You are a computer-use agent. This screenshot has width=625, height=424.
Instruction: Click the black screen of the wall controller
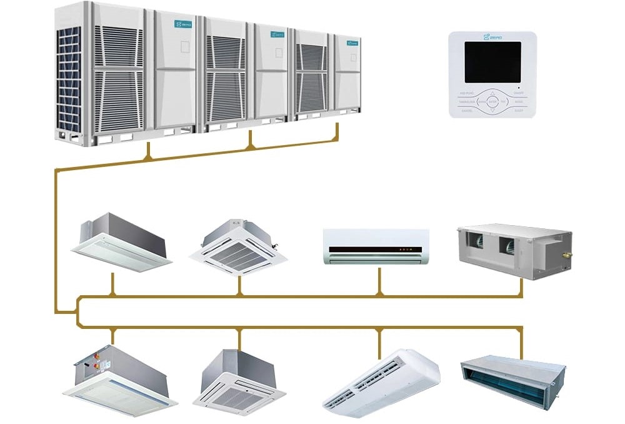click(x=492, y=63)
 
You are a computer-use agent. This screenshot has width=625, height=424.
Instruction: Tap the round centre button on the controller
click(x=492, y=101)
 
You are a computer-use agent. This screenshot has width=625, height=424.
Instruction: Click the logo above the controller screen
click(x=492, y=38)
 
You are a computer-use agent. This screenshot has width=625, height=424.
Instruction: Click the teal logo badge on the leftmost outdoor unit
click(x=183, y=24)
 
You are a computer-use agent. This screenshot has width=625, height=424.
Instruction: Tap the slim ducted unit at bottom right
click(x=512, y=375)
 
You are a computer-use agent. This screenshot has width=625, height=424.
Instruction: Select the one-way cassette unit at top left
click(x=122, y=241)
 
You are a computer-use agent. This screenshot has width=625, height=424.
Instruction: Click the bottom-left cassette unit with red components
click(x=119, y=378)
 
